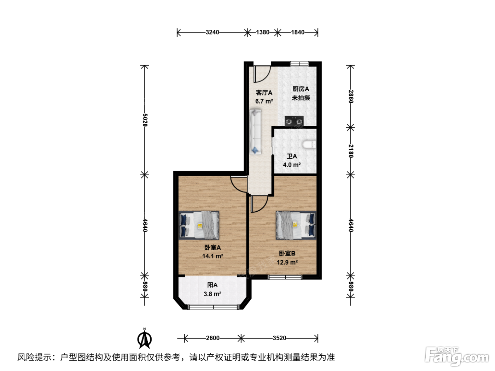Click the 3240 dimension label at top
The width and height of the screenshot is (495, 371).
(x=212, y=33)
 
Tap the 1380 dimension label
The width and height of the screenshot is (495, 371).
(x=262, y=33)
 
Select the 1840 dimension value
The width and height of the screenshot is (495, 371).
(x=298, y=33)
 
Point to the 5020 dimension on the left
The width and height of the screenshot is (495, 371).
(x=145, y=120)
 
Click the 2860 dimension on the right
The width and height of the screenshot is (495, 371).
(x=351, y=96)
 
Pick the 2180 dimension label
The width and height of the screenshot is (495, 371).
(x=351, y=151)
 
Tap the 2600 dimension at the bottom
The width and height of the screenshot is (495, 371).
(x=212, y=338)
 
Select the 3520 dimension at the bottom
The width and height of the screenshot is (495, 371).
(x=279, y=338)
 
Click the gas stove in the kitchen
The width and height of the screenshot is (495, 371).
(x=294, y=121)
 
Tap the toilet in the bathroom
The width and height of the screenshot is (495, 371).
(x=309, y=145)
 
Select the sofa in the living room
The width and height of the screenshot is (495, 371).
(x=255, y=132)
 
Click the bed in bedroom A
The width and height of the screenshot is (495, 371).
(x=199, y=225)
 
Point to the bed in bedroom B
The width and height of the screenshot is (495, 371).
(x=296, y=225)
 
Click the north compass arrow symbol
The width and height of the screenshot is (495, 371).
(x=144, y=338)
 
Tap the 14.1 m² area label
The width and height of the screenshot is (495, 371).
(x=212, y=256)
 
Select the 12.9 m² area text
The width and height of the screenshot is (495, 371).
(x=287, y=262)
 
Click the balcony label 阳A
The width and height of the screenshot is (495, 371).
(x=212, y=285)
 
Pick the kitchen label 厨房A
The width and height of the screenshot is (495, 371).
(x=301, y=89)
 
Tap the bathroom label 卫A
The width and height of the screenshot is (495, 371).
(x=292, y=156)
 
